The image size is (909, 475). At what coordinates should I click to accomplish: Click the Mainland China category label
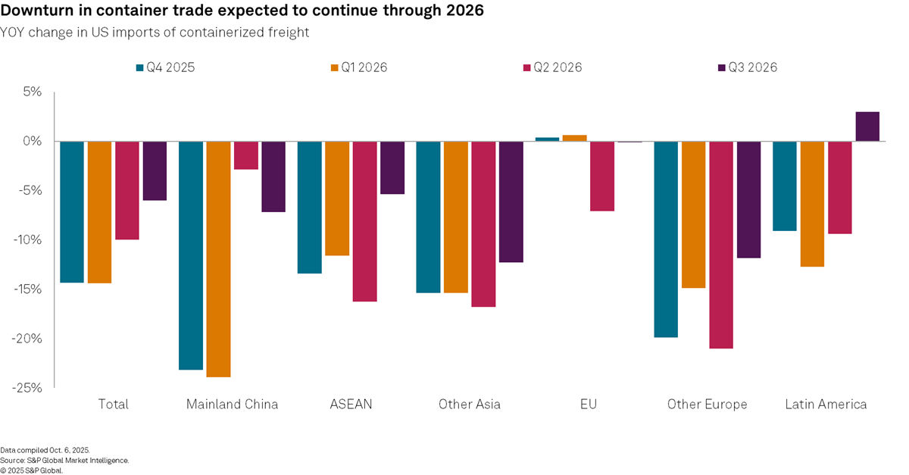232,405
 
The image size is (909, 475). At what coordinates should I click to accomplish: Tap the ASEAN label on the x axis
351,405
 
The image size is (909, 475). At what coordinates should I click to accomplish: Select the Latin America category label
826,405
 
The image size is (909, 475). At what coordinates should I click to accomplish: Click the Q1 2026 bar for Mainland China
218,259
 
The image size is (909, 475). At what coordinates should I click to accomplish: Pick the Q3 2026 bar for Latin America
867,127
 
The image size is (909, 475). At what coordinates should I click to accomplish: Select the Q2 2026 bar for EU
602,177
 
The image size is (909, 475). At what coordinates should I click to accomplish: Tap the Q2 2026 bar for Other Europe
721,245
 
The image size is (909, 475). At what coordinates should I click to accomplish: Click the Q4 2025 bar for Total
72,212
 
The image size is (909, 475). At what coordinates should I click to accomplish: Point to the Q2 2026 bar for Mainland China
245,155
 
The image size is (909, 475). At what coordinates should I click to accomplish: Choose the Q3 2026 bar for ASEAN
392,168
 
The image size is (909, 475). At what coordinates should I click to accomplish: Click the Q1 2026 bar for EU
574,138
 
